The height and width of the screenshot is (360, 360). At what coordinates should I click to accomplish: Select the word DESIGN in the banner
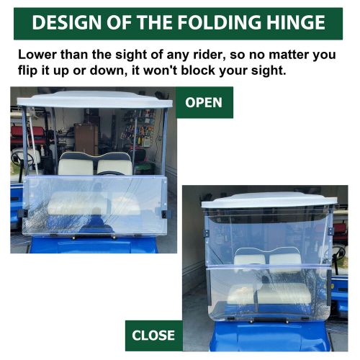66,22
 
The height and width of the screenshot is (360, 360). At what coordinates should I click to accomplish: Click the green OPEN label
204,102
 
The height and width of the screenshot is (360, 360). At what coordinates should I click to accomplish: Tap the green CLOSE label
154,336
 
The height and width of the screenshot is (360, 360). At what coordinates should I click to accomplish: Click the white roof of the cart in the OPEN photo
95,99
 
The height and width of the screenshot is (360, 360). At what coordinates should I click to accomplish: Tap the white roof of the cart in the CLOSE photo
269,200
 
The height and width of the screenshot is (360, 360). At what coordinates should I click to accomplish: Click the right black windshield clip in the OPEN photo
164,214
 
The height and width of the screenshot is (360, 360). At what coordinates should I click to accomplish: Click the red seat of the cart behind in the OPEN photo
27,135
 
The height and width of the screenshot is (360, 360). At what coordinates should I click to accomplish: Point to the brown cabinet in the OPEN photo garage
86,139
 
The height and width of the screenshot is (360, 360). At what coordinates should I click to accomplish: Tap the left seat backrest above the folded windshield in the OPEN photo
76,166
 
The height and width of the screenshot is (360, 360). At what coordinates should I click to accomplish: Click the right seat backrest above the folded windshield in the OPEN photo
114,166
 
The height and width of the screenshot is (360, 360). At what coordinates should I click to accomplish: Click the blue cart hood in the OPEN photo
94,245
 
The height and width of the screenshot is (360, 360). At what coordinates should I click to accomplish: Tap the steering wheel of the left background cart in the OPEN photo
22,159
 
